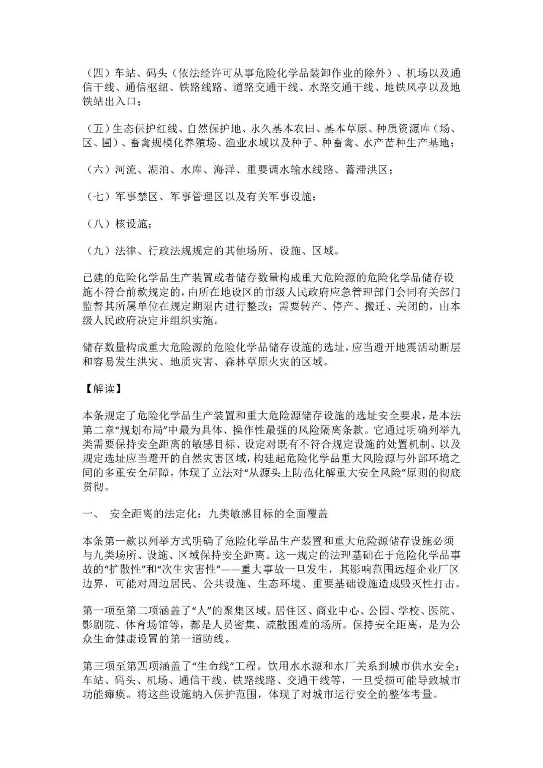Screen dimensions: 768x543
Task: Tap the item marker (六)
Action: [96, 169]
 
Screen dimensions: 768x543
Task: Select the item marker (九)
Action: [96, 250]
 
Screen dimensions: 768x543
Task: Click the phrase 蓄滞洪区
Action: [367, 169]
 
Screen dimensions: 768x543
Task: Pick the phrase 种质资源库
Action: [402, 128]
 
